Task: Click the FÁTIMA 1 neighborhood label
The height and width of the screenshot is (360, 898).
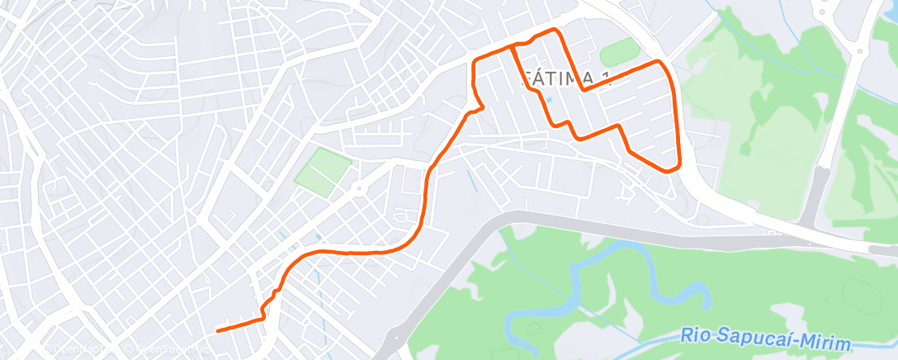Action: [568, 78]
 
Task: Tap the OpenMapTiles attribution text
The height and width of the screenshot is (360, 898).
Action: [78, 350]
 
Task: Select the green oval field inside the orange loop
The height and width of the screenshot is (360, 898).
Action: [620, 54]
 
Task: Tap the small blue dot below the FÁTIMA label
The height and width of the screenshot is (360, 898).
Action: [547, 101]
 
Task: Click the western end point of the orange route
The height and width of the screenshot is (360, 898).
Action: [218, 331]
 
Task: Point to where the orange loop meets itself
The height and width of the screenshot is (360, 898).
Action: [513, 45]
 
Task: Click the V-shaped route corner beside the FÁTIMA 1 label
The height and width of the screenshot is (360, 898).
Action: [584, 89]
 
